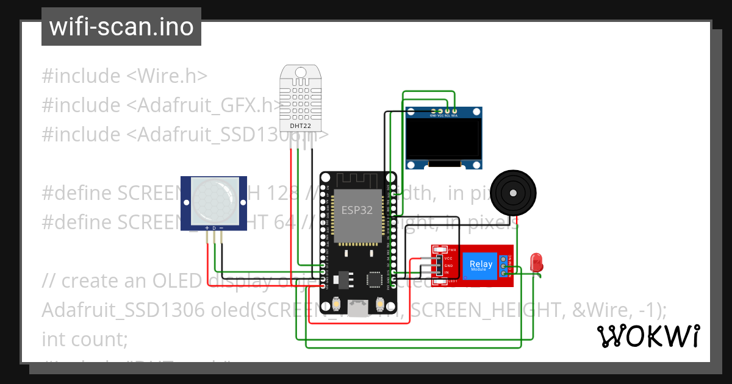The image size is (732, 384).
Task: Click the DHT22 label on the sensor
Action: (300, 126)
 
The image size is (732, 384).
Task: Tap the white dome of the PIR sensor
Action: (213, 199)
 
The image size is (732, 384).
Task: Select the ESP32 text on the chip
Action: (357, 210)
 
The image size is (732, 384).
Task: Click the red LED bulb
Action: (537, 262)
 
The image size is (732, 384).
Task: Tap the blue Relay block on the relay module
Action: (481, 265)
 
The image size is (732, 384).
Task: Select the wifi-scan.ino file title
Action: (121, 27)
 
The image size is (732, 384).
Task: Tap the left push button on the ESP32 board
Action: (337, 303)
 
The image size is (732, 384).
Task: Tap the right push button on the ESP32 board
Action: (379, 303)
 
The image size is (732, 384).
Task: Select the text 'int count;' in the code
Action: (84, 339)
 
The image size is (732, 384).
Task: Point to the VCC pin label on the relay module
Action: (448, 258)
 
